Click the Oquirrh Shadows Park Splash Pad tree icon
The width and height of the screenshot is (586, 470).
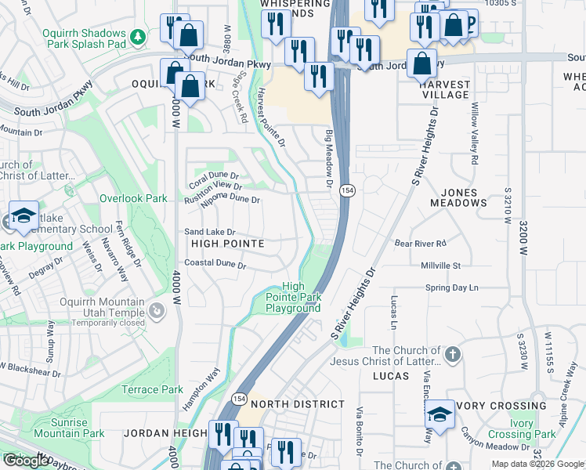(x=138, y=36)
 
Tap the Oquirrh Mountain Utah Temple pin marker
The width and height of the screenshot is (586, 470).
(x=157, y=312)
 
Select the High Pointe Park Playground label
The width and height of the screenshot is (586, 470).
(x=292, y=298)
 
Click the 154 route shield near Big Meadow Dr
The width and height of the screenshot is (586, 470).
(x=348, y=190)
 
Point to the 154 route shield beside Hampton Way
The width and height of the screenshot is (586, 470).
(x=240, y=399)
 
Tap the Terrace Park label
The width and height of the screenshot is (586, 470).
(x=152, y=389)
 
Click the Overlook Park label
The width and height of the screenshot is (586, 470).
(x=132, y=198)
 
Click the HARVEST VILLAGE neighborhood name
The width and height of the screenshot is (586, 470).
(x=444, y=89)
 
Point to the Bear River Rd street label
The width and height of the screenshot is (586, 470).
(x=420, y=244)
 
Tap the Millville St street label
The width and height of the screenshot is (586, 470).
(x=439, y=266)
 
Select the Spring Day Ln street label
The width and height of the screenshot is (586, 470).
(x=451, y=288)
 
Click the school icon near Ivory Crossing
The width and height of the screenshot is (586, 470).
(x=440, y=416)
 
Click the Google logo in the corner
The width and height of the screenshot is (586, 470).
(x=26, y=461)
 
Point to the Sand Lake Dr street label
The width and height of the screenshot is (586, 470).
(x=209, y=233)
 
